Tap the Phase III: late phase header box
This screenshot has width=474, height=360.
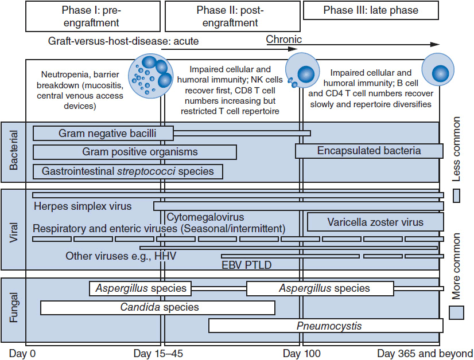point(371,10)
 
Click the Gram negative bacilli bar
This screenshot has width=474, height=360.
point(103,134)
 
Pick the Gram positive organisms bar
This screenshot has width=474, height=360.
point(135,152)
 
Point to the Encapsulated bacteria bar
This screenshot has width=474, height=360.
point(369,151)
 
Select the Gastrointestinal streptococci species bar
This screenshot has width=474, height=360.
point(128,171)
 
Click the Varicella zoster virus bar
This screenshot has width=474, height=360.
point(375,222)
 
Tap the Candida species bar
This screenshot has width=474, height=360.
point(158,308)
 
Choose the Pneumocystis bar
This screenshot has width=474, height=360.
point(326,326)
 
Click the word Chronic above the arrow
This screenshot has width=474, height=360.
point(283,40)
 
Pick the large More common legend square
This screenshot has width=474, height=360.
point(456,312)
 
